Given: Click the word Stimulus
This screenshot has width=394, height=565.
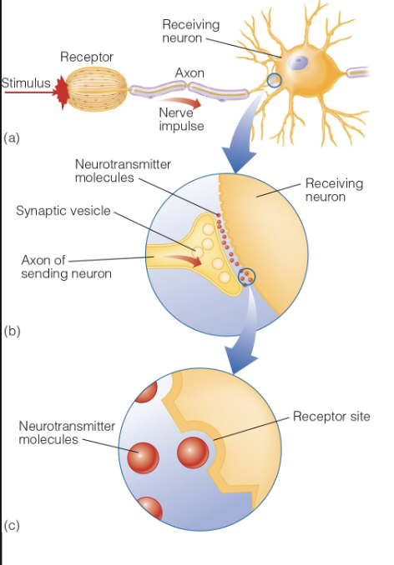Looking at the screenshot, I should coord(26,82).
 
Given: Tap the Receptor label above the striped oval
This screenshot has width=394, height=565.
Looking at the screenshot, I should coord(86,57).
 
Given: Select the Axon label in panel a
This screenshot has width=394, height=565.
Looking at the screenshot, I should coord(189,73).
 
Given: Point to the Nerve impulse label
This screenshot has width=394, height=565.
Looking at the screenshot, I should coord(182,119).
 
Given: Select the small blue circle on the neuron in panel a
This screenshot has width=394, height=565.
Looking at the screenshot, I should coord(272,82).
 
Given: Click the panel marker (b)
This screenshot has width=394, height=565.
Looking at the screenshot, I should coord(12,331).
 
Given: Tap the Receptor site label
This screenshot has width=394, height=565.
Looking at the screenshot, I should coord(331,416).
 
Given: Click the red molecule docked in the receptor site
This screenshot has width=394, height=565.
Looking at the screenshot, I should coord(193,452).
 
